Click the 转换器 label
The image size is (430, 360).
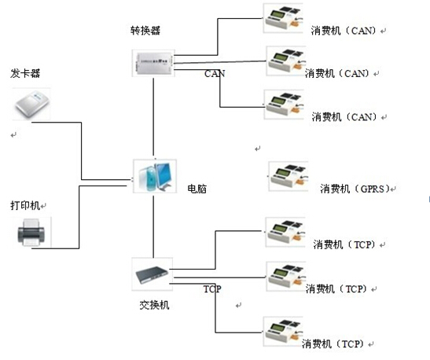[x=145, y=31]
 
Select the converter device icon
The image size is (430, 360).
[x=153, y=63]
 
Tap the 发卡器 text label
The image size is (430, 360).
[x=25, y=73]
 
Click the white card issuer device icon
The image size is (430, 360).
[x=31, y=105]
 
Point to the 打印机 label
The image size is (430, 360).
[x=25, y=205]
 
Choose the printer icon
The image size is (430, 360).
[x=31, y=233]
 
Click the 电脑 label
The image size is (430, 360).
[x=197, y=189]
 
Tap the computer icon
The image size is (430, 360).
[x=155, y=176]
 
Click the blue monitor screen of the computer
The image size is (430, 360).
[x=164, y=174]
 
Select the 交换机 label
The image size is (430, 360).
[x=154, y=305]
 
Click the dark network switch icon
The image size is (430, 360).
[x=153, y=274]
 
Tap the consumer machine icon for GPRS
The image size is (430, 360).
[x=289, y=176]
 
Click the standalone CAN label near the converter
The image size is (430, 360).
[x=215, y=73]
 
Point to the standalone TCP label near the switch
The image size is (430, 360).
[x=212, y=288]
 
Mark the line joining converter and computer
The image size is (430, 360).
[x=153, y=117]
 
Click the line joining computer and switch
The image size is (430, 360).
[x=153, y=226]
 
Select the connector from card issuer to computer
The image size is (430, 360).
[x=82, y=152]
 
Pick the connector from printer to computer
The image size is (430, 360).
[x=79, y=217]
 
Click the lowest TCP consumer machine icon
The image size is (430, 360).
[x=283, y=331]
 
